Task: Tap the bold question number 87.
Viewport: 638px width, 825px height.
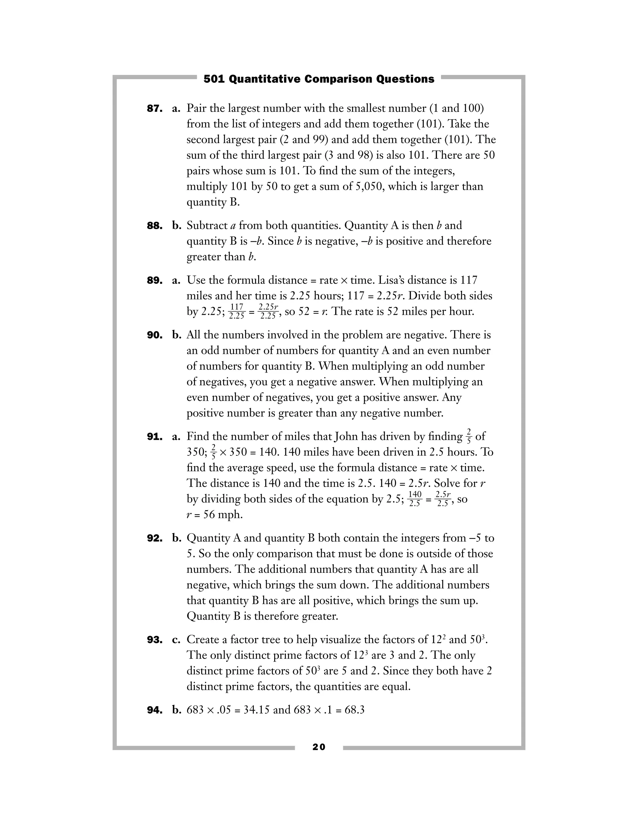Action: coord(154,109)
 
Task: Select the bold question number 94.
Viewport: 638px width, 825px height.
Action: coord(154,710)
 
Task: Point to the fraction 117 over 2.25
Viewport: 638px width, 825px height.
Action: coord(237,312)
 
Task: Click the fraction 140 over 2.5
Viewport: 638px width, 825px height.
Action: coord(415,499)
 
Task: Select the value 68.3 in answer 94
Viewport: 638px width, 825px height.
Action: coord(355,710)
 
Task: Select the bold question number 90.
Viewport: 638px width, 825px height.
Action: coord(154,335)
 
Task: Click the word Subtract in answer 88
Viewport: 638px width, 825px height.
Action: coord(207,225)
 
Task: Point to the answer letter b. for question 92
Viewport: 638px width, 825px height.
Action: coord(177,538)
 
